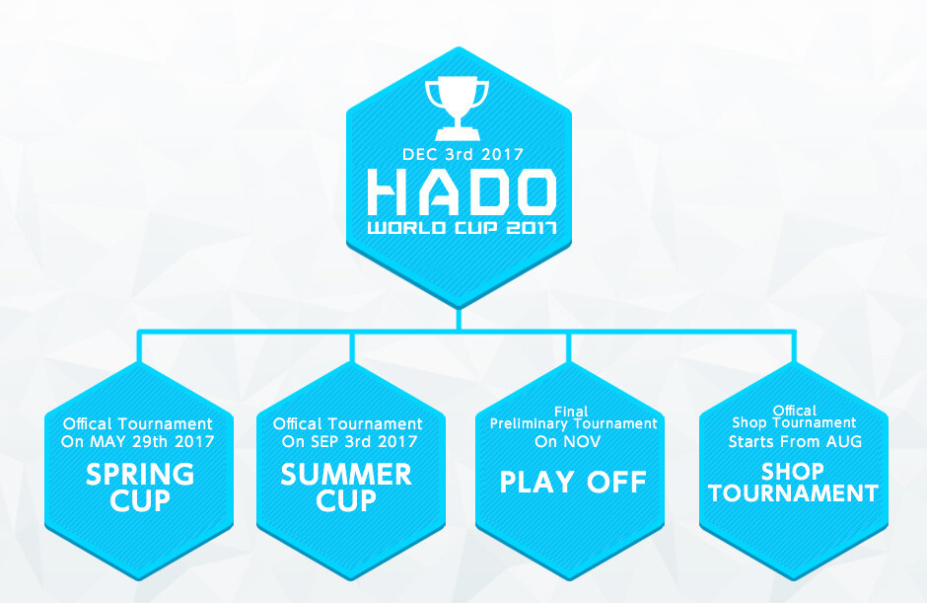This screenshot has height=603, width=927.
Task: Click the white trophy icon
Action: click(457, 107)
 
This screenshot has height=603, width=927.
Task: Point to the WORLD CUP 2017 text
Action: click(462, 230)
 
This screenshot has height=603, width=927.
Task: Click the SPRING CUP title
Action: click(140, 488)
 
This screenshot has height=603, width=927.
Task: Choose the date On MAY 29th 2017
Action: click(137, 441)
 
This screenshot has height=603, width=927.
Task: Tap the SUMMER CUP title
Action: click(346, 488)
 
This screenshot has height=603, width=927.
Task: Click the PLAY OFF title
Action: click(573, 482)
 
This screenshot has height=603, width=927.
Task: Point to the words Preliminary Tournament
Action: click(573, 423)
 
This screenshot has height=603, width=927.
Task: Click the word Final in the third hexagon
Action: click(572, 411)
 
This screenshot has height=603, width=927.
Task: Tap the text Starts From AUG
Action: click(795, 441)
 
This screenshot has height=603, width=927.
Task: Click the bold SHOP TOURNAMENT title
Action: click(794, 482)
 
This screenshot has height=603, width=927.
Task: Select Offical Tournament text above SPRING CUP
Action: click(137, 423)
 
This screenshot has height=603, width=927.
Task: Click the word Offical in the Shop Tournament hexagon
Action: click(795, 411)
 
